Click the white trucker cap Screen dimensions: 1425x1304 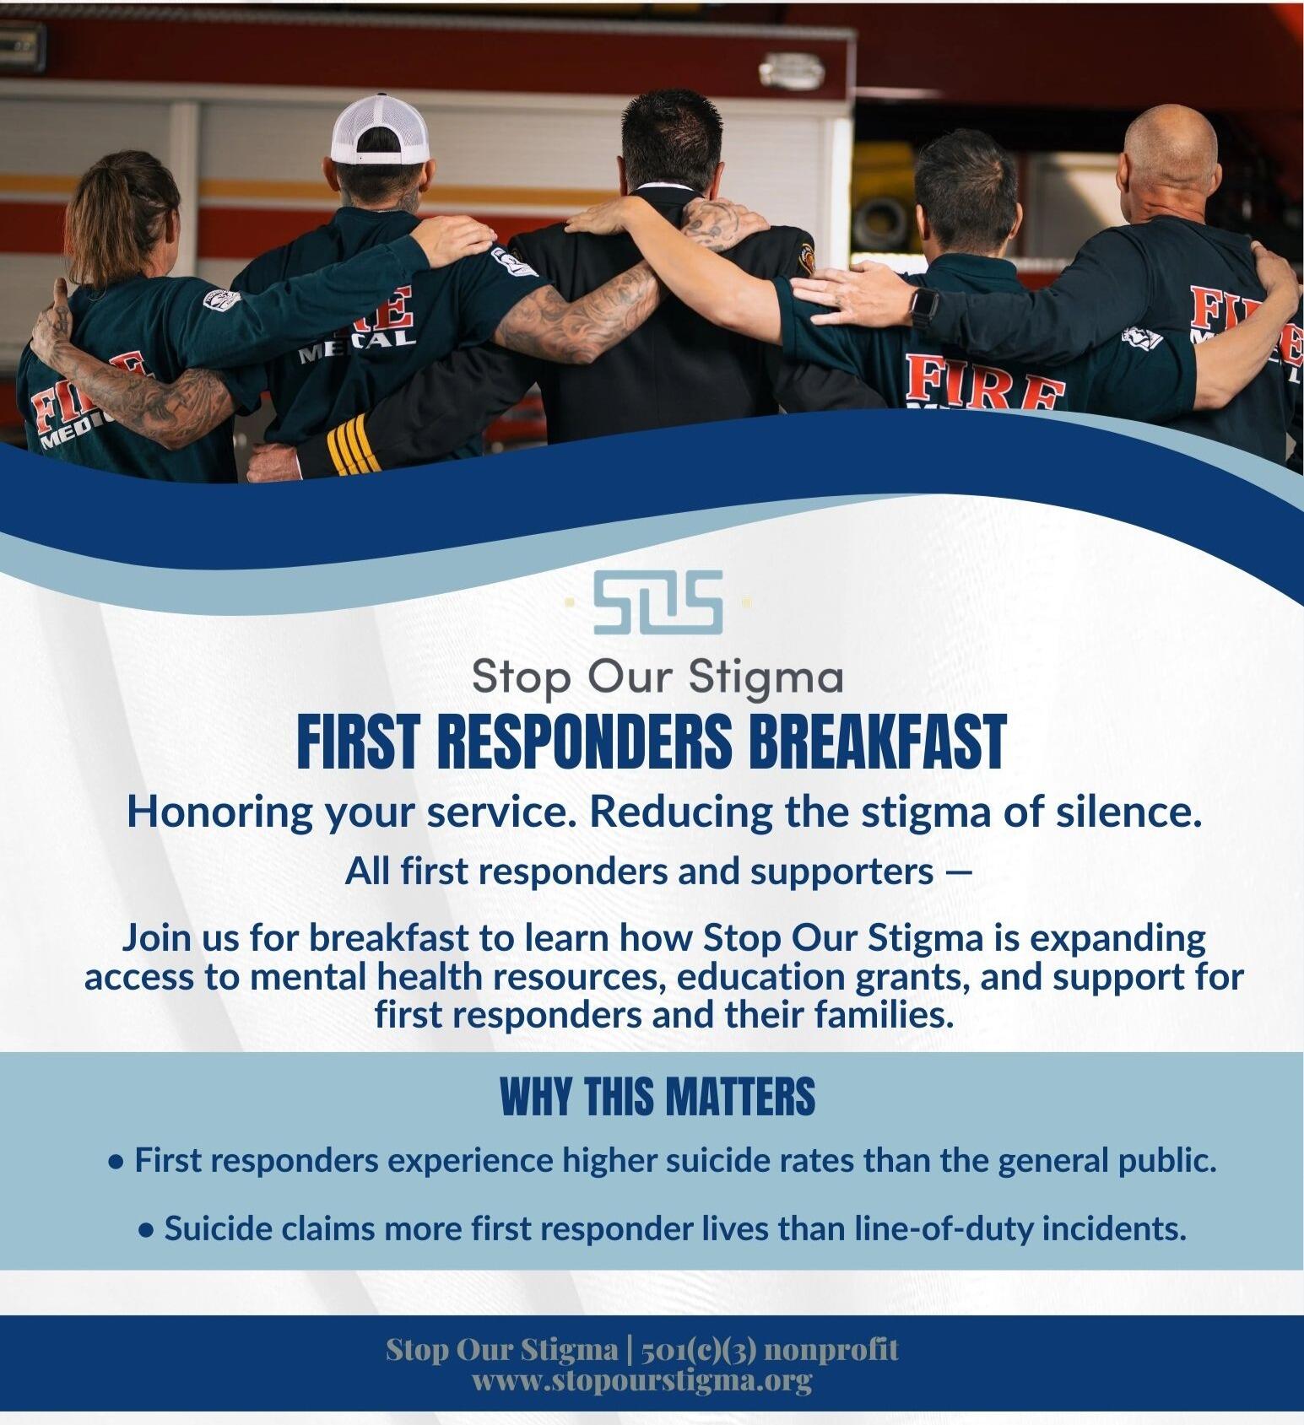376,128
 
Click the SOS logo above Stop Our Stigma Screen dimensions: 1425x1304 658,602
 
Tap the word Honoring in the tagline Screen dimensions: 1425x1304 219,812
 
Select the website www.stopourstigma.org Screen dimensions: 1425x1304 641,1381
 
